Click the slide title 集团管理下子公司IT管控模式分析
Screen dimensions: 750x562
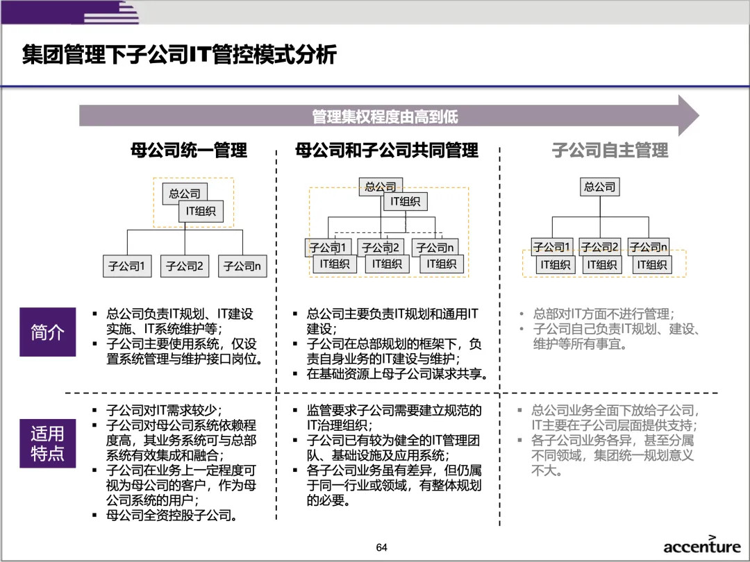point(179,55)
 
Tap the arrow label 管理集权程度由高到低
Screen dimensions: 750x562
point(385,117)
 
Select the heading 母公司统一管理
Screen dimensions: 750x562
point(189,151)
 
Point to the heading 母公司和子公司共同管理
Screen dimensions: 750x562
point(387,151)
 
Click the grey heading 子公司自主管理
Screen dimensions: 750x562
point(610,151)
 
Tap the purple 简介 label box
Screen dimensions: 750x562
point(47,332)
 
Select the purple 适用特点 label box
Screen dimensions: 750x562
point(47,443)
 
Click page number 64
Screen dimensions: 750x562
point(381,547)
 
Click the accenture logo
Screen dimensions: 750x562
point(701,545)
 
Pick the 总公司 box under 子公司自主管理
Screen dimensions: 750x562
point(599,187)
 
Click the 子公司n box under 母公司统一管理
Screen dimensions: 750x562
point(242,266)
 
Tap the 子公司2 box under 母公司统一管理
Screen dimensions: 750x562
point(184,266)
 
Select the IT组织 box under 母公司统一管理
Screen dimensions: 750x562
point(201,212)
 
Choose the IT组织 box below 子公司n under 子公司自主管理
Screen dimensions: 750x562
point(652,264)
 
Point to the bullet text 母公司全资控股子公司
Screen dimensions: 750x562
point(172,516)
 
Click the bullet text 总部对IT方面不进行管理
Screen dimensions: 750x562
point(603,314)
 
